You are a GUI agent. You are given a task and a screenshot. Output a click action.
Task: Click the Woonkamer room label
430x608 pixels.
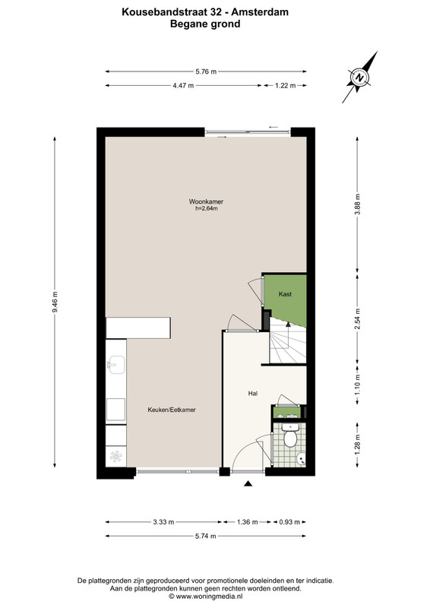[206, 201]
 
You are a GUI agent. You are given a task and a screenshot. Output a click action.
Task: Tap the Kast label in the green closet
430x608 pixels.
[285, 294]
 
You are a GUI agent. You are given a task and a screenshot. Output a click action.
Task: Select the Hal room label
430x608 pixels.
[253, 393]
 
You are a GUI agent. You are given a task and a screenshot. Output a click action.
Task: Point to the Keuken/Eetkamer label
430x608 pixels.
[172, 410]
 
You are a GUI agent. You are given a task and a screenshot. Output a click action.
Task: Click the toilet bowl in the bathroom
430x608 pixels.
[289, 439]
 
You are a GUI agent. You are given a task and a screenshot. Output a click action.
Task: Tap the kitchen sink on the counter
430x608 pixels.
[116, 365]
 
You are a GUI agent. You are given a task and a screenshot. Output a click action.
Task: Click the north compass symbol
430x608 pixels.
[359, 78]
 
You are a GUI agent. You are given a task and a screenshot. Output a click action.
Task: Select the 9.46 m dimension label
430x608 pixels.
[55, 302]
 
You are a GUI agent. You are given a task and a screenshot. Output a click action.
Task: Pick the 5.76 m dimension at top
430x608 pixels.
[206, 71]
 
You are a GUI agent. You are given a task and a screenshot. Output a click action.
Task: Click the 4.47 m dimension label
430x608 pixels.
[183, 85]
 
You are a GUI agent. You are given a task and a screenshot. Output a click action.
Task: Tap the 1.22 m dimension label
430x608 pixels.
[286, 85]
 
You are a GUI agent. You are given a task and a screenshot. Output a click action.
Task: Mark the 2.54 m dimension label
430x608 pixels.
[357, 318]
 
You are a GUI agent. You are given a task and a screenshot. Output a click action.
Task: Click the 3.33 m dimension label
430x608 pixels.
[163, 522]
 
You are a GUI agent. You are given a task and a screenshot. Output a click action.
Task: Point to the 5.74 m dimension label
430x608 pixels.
[206, 536]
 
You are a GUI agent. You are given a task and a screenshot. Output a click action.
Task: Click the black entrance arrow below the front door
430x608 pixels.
[248, 483]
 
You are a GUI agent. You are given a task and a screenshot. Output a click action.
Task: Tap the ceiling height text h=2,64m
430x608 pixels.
[207, 208]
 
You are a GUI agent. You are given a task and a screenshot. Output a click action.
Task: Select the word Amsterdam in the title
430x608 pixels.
[260, 12]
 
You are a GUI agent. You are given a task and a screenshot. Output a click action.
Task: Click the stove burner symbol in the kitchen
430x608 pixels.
[116, 456]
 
